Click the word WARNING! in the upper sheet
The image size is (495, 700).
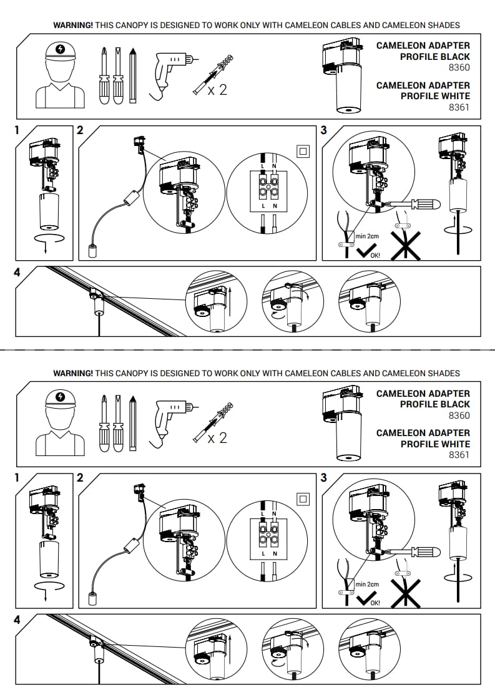pos(73,25)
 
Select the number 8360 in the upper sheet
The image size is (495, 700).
pos(459,67)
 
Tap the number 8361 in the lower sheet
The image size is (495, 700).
pos(459,455)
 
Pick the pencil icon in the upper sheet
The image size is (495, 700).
pos(132,75)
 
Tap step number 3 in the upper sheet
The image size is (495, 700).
pos(323,130)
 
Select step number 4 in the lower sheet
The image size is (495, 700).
pos(17,620)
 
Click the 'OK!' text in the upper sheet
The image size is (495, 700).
pos(375,255)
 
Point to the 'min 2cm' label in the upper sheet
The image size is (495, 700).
pos(367,236)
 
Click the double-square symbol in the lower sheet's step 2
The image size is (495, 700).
pos(303,498)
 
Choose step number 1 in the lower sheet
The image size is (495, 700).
pos(17,478)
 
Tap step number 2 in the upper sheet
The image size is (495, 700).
pos(79,130)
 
